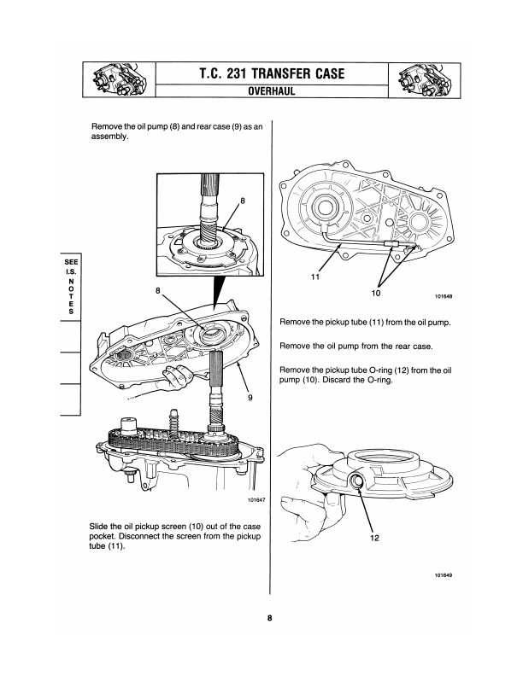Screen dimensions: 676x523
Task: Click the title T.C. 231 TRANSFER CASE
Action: click(261, 73)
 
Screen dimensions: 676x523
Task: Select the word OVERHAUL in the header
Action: click(261, 90)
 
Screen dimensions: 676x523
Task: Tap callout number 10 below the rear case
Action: click(375, 293)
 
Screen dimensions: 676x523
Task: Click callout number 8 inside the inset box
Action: click(243, 201)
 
